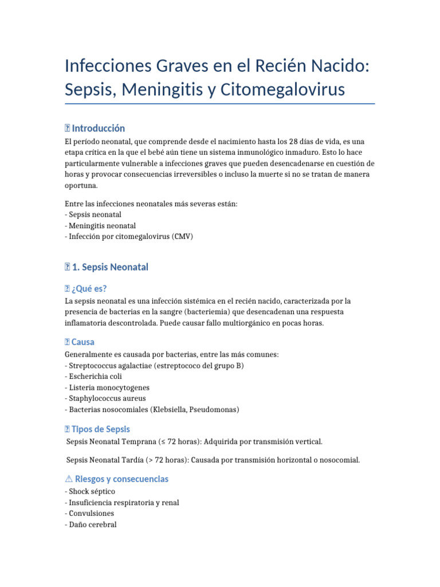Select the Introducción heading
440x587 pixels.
(98, 128)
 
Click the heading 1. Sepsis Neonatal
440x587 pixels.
(109, 267)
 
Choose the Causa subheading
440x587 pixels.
(83, 342)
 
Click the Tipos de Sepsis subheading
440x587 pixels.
(100, 429)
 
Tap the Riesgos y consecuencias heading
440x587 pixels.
(121, 479)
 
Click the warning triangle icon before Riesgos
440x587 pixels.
(69, 479)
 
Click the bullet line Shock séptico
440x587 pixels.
(92, 491)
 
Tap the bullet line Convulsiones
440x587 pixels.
(91, 513)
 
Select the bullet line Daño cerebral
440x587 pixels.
(92, 524)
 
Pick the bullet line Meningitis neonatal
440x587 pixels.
(102, 225)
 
